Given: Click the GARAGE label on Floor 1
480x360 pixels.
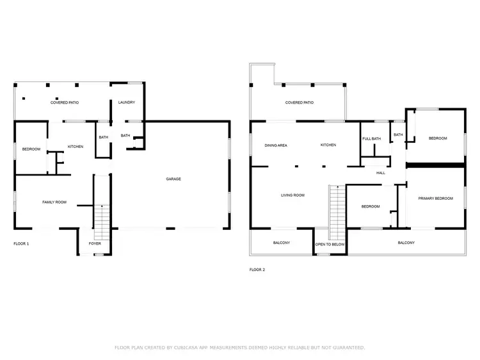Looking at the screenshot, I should tap(173, 179).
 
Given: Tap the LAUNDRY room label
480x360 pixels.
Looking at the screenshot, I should tap(126, 102).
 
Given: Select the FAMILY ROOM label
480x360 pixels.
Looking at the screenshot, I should tap(54, 202).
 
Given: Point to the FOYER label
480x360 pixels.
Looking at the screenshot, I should tap(95, 243).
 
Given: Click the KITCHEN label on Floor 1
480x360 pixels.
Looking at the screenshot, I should tap(76, 147).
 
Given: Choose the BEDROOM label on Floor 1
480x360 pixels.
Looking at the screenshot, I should tap(31, 149).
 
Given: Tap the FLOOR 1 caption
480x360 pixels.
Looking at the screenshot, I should tap(21, 243).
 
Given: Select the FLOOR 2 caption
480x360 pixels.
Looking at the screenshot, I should tap(257, 270).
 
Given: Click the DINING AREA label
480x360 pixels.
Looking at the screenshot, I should tap(276, 145).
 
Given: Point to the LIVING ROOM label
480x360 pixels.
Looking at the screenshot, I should tap(292, 195).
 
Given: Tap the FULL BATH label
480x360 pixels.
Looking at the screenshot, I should tap(371, 139).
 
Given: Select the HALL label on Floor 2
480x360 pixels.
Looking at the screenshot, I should tap(380, 173).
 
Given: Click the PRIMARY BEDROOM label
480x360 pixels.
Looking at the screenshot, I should tap(435, 199).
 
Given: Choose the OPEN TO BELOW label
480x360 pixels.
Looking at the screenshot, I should tap(330, 244).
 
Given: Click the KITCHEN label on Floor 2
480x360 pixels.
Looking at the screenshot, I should tap(328, 145).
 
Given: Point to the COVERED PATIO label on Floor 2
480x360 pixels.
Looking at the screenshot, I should tap(299, 102).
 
